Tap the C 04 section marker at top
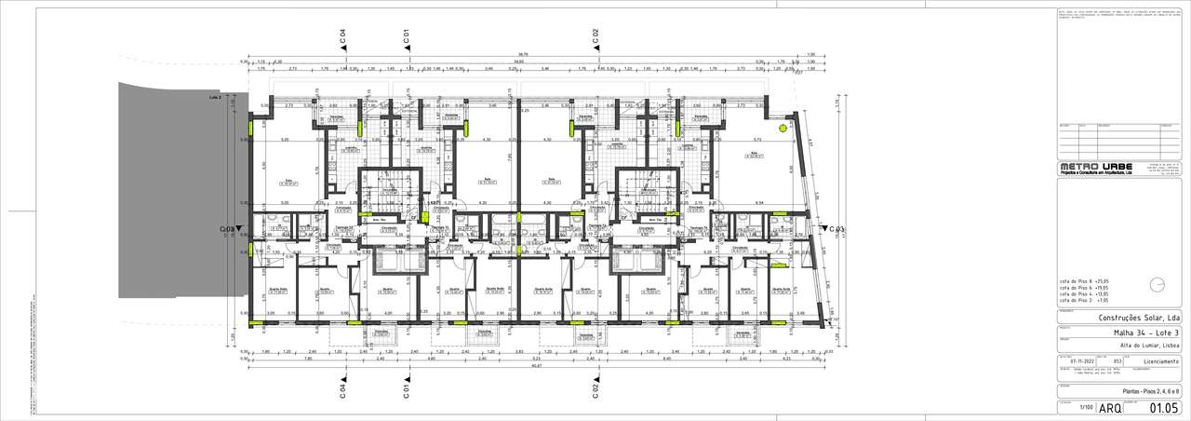(x=342, y=36)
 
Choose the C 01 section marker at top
(x=407, y=36)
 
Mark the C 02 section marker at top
(x=595, y=36)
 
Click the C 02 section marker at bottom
(x=595, y=387)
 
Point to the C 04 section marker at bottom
(x=342, y=387)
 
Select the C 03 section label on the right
(x=835, y=228)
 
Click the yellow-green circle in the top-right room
(x=784, y=128)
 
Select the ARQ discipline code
(x=1110, y=408)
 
